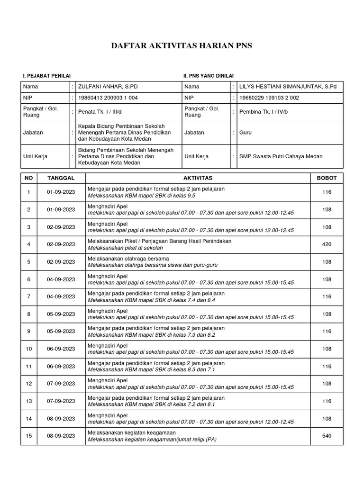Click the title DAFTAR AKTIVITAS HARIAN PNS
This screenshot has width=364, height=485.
click(182, 46)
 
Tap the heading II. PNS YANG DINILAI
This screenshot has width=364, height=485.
click(209, 76)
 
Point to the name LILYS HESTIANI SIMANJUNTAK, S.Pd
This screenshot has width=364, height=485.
click(288, 87)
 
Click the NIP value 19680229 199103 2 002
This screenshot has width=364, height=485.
click(269, 98)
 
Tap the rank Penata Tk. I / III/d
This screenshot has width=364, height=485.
click(101, 112)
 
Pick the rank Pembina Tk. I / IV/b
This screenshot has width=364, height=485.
click(264, 112)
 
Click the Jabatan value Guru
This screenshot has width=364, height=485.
click(245, 133)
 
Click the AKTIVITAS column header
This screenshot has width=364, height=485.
click(198, 178)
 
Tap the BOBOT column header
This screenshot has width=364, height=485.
click(327, 178)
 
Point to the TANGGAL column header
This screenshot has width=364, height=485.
click(61, 178)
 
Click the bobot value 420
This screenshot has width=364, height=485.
click(327, 244)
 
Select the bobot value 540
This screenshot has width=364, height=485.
click(327, 436)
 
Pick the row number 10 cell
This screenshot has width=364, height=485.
click(29, 349)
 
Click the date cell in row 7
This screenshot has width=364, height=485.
click(61, 296)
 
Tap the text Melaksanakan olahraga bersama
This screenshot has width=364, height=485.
click(128, 259)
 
